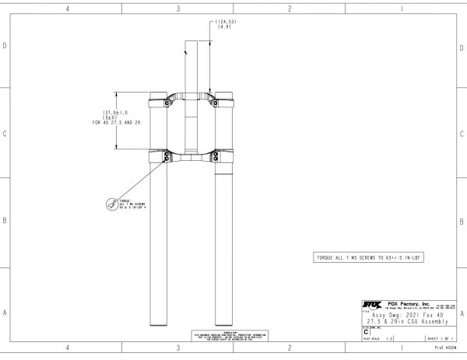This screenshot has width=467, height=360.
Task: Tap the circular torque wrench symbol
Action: coord(110,205)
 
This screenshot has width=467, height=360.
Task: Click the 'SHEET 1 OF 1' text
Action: coord(439,340)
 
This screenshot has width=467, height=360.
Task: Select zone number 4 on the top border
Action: coord(68,9)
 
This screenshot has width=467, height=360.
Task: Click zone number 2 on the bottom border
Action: coord(290,348)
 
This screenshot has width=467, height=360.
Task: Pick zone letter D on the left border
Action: coord(5,46)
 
